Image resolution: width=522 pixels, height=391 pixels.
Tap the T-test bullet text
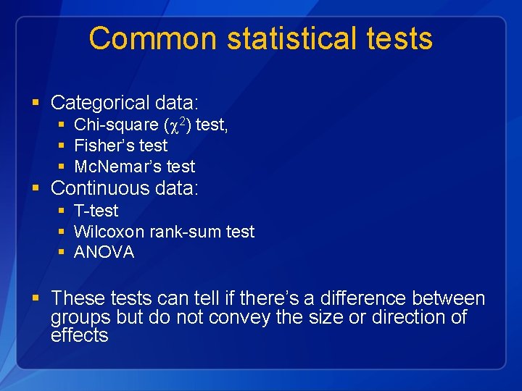coord(96,211)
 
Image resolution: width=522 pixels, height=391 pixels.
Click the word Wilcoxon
coord(109,232)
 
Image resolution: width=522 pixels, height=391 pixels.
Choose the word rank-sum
coord(184,232)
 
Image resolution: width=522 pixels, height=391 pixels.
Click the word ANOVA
coord(104,253)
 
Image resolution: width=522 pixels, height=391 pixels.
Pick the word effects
coord(79,335)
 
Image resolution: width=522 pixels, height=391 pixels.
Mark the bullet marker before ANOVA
coord(61,253)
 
